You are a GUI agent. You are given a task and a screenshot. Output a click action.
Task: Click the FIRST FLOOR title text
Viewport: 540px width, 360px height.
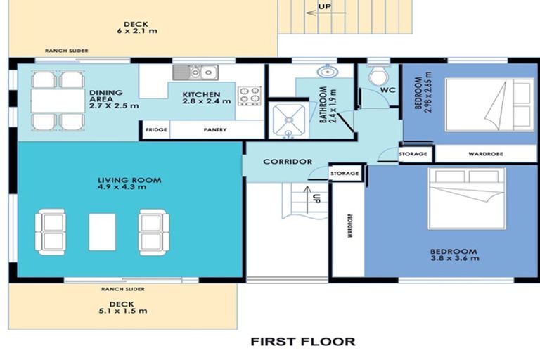click(302, 342)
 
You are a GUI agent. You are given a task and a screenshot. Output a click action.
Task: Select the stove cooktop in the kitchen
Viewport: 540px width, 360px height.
click(249, 96)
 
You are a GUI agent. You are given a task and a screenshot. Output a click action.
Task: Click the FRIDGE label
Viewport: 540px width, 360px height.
click(155, 130)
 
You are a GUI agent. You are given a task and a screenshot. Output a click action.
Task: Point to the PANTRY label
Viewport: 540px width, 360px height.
click(215, 130)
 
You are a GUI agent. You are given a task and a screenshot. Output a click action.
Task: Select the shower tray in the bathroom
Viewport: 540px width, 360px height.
click(288, 119)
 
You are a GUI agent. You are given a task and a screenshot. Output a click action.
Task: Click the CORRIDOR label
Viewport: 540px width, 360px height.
click(288, 162)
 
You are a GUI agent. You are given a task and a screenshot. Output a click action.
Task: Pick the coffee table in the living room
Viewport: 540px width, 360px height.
click(102, 231)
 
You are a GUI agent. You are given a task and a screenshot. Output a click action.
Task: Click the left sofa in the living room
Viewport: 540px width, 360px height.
click(51, 231)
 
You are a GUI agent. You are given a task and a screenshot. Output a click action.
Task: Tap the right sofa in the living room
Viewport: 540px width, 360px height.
click(153, 231)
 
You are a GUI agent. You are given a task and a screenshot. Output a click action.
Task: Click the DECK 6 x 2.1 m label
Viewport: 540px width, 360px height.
click(138, 27)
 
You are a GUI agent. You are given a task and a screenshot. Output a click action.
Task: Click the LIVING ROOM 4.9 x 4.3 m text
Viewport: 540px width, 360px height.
click(129, 184)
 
